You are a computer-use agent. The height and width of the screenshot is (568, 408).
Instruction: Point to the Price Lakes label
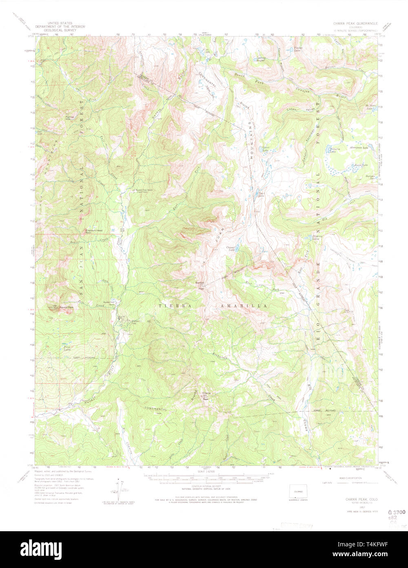[67, 349]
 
